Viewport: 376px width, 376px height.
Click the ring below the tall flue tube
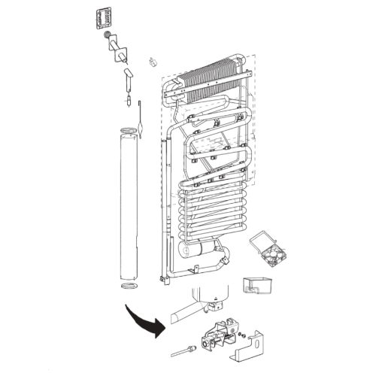(129, 289)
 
